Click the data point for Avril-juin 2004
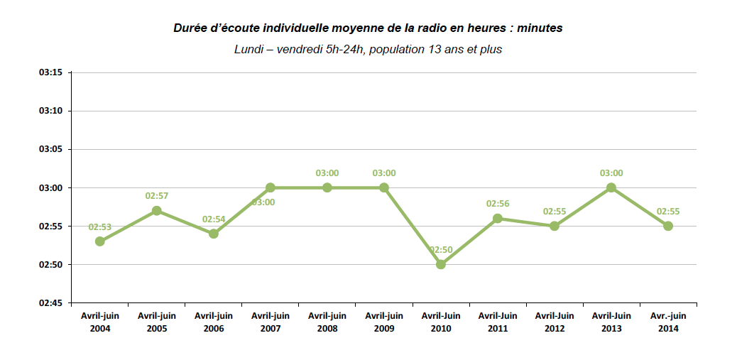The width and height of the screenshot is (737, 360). pos(100,241)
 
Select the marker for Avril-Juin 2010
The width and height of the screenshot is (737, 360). pos(441,264)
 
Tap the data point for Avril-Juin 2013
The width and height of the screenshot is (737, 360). pos(611,187)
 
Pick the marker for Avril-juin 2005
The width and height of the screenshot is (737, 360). pos(157,211)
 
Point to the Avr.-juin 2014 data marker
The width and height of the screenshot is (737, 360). pos(668,226)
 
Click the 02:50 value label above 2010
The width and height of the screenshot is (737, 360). pos(441,250)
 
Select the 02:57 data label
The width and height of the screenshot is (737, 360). pos(157,196)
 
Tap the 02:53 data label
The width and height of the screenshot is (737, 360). pos(100,227)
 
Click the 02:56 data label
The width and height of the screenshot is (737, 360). pos(498,204)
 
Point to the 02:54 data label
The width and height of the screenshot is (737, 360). pos(214,219)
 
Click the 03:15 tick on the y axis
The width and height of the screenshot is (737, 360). pos(51,72)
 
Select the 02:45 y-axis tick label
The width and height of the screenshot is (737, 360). pos(51,303)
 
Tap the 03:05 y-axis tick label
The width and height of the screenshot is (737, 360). pos(51,149)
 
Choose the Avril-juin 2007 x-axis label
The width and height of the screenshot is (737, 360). pos(271,322)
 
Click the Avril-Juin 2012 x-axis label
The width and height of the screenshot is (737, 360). pos(555,322)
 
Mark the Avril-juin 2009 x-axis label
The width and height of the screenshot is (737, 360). pos(384,322)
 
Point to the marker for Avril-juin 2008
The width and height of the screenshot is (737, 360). pos(327,187)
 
